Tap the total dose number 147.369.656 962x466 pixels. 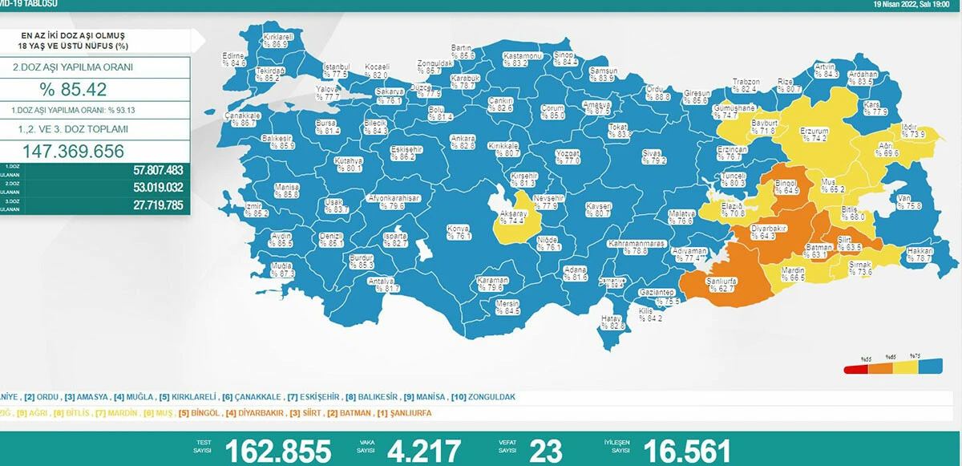pos(74,152)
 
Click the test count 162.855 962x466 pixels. pos(277,451)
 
